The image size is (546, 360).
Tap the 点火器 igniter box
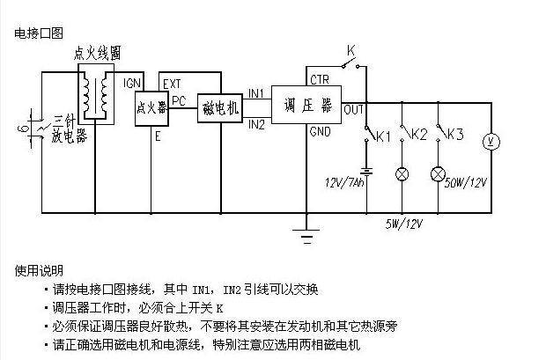coord(151,108)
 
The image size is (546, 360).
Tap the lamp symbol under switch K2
coord(402,173)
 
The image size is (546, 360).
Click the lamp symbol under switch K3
coord(438,173)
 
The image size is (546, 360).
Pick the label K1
coord(382,136)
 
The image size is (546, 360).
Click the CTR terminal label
coord(319,79)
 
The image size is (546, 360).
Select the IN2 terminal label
coord(257,124)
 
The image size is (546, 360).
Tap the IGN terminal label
coord(133,83)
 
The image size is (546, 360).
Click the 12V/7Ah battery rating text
coord(343,183)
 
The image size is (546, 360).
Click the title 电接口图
coord(40,33)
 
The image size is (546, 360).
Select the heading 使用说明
coord(40,270)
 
